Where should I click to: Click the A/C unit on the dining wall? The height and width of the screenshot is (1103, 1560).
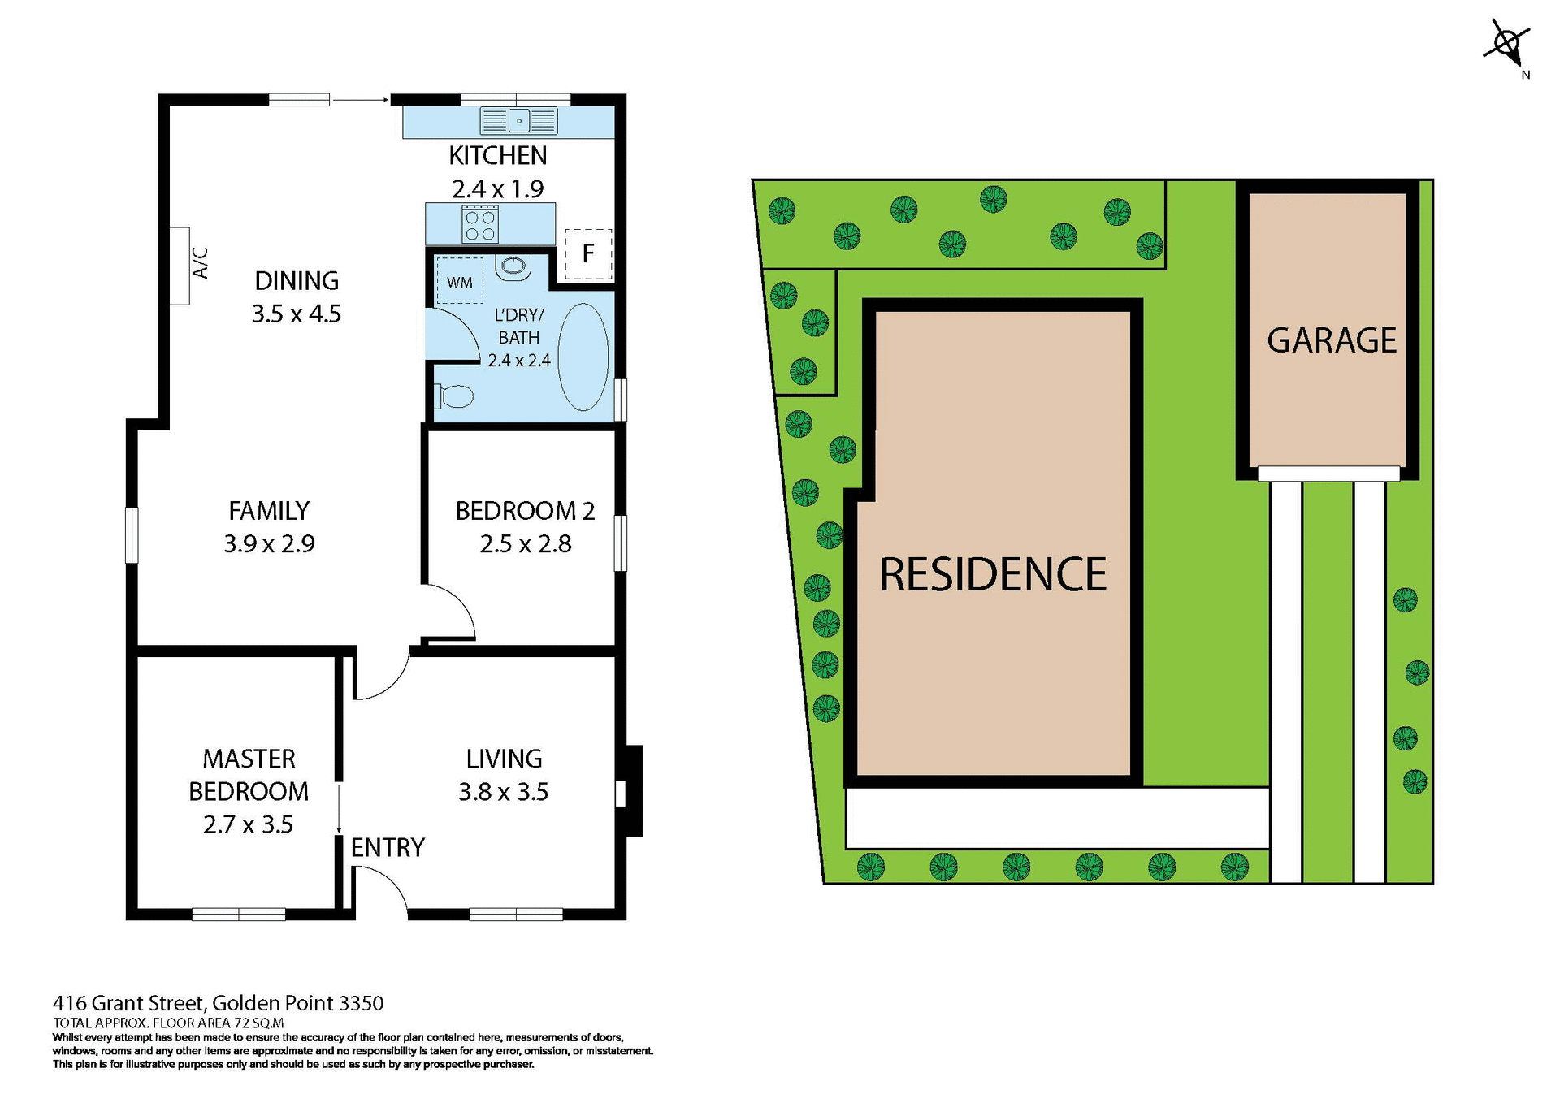point(180,266)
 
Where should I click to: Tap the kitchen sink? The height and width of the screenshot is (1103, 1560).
point(519,121)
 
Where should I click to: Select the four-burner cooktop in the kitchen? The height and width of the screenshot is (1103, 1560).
point(479,225)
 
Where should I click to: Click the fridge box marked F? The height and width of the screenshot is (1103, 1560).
point(588,253)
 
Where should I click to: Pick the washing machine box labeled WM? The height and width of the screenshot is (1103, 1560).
point(460,281)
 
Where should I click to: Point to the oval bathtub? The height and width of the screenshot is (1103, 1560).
point(583,357)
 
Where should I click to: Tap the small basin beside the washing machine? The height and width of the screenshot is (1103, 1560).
point(513,267)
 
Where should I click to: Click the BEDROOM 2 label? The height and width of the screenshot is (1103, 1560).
point(525,511)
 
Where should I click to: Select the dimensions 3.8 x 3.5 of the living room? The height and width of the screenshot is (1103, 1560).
point(503,792)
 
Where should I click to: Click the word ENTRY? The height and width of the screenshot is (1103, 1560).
point(388,848)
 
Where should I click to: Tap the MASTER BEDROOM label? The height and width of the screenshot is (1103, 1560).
point(249,775)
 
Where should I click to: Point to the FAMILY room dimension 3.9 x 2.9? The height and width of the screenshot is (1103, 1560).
point(269,543)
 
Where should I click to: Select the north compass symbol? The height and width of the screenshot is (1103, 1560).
point(1507,45)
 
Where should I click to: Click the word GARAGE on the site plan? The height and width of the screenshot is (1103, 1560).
point(1332,340)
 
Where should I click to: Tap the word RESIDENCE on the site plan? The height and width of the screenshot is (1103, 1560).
point(993,574)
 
